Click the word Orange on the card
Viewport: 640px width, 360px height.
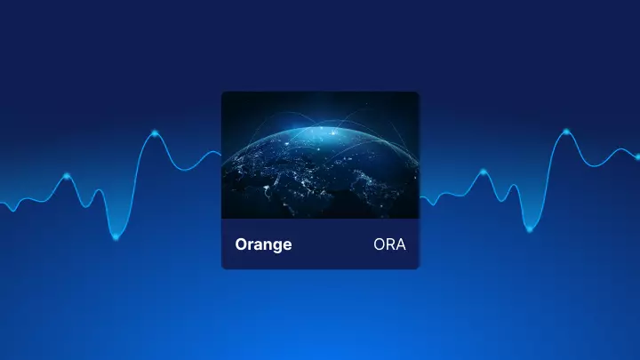[x=263, y=245]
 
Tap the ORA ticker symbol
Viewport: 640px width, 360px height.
[x=389, y=244]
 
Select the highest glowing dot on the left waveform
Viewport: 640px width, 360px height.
[x=155, y=133]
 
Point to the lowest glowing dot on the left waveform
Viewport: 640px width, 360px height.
[x=116, y=237]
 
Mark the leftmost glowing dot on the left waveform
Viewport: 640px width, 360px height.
[x=67, y=176]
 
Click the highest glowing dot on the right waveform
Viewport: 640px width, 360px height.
[x=566, y=132]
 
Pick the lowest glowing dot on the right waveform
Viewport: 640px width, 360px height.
[x=530, y=229]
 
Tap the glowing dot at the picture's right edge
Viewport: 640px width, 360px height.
[x=637, y=156]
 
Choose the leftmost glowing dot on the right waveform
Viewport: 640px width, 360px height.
[x=484, y=172]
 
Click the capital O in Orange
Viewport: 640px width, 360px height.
[x=241, y=244]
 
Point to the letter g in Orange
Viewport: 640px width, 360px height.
[x=276, y=246]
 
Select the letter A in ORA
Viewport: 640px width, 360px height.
[x=400, y=244]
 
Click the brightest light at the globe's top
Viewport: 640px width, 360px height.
[x=334, y=132]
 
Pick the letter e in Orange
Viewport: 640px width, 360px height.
[x=287, y=245]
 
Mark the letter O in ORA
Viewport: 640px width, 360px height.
[x=380, y=244]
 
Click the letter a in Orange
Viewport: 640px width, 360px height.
[x=257, y=245]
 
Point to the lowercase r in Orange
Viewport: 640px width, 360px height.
[x=250, y=245]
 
